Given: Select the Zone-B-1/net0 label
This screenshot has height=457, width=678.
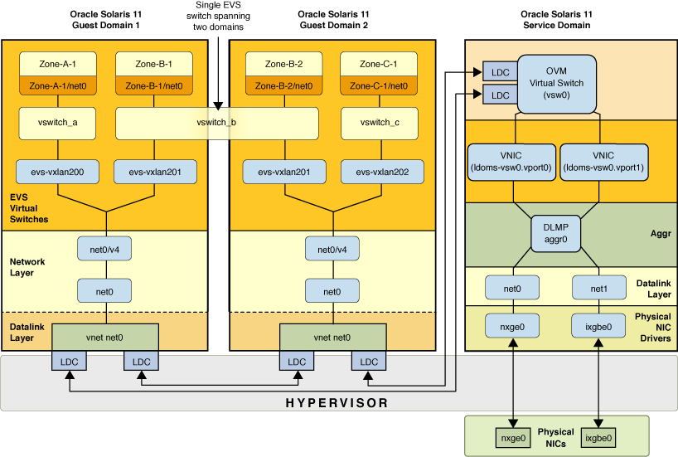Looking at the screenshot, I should pyautogui.click(x=154, y=85).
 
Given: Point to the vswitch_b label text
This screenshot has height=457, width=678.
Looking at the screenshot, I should pyautogui.click(x=216, y=123).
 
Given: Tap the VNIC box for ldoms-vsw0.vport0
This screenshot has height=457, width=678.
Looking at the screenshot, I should pyautogui.click(x=510, y=161).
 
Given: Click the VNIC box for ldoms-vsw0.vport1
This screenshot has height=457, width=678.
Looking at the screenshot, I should pyautogui.click(x=603, y=161).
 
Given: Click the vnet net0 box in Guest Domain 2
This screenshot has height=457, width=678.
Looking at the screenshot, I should pyautogui.click(x=332, y=338).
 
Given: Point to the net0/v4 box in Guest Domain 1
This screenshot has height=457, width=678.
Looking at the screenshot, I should pyautogui.click(x=105, y=247).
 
